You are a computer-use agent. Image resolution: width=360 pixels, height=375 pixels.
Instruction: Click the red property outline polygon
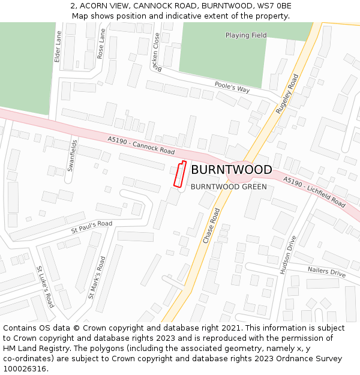[179, 174]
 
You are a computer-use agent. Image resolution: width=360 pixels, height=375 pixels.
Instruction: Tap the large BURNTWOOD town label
[231, 170]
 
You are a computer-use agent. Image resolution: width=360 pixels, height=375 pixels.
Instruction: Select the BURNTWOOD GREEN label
[229, 187]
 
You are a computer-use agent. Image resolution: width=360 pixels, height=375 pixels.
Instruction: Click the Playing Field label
[246, 35]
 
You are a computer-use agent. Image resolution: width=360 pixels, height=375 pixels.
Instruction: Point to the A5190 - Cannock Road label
[142, 145]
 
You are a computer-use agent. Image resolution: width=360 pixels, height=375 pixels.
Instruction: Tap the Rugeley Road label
[287, 94]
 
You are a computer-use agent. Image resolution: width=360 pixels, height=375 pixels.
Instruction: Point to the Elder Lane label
[58, 47]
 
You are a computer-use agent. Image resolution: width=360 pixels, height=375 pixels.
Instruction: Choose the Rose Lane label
[101, 43]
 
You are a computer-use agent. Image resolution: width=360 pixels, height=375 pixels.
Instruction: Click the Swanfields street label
[72, 156]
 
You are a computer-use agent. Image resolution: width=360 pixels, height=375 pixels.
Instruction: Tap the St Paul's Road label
[92, 226]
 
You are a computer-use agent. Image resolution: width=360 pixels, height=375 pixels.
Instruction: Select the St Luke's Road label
[46, 287]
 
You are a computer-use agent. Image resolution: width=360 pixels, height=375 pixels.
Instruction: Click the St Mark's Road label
[97, 278]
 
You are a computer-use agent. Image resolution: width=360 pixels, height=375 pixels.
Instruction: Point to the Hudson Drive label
[288, 255]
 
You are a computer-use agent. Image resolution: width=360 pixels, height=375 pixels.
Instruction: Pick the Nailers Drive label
[327, 272]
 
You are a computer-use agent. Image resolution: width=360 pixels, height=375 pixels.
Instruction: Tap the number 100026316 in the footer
[25, 369]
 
